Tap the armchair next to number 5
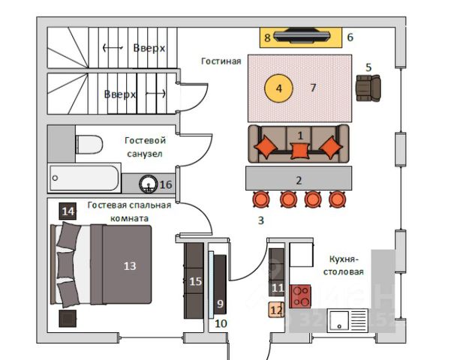point(368,87)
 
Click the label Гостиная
point(221,61)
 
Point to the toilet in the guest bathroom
point(89,143)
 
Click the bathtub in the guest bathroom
point(84,178)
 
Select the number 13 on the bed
point(130,265)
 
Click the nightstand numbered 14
point(68,211)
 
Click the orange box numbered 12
point(277,308)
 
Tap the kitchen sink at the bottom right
point(347,321)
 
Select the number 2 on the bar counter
point(299,180)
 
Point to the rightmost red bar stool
point(335,199)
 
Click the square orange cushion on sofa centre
point(299,151)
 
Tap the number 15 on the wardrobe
point(195,281)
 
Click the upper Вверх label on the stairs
point(149,47)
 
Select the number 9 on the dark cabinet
point(220,303)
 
